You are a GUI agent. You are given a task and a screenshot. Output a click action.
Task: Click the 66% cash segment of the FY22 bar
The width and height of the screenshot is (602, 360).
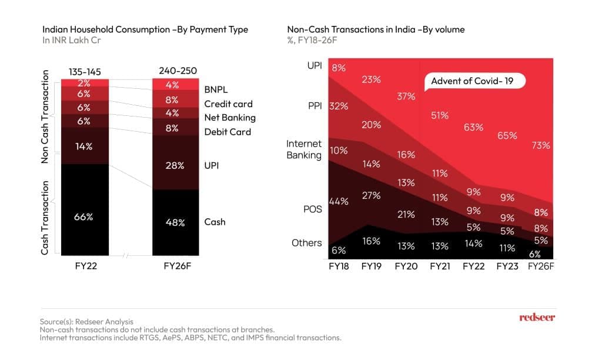tap(83, 217)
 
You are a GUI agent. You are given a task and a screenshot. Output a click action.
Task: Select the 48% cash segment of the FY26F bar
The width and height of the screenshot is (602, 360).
tap(175, 222)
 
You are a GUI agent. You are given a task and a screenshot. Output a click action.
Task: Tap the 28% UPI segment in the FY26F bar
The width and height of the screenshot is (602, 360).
tap(175, 166)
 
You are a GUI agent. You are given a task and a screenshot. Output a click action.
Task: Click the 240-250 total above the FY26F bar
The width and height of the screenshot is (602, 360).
tap(175, 71)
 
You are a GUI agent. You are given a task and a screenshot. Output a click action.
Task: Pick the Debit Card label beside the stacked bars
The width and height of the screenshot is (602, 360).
tap(228, 132)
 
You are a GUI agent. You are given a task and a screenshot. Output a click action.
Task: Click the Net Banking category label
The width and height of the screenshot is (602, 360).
tap(230, 118)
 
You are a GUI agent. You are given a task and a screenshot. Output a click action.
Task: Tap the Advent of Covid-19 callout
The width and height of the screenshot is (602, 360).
tap(473, 81)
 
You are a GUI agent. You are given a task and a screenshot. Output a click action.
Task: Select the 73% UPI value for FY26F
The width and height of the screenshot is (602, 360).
tap(540, 145)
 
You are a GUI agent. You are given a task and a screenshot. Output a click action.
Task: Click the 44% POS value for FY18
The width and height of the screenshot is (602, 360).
tap(339, 201)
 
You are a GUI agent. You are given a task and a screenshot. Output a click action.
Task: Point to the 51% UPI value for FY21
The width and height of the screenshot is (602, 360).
tap(439, 115)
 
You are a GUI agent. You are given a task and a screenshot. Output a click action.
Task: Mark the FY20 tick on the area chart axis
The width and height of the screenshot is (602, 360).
tap(406, 266)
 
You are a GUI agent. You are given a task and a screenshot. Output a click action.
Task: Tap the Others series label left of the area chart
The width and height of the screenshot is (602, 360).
tap(307, 242)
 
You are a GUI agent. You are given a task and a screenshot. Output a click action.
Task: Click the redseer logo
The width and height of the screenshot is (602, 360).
tap(537, 318)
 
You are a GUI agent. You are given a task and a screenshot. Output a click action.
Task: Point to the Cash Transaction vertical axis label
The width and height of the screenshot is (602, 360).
tap(45, 218)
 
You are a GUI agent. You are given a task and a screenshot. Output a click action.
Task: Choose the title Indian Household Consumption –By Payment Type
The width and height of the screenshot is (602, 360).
tap(145, 29)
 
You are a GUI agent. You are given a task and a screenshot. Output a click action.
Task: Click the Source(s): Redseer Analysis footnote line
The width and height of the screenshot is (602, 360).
tap(86, 322)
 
